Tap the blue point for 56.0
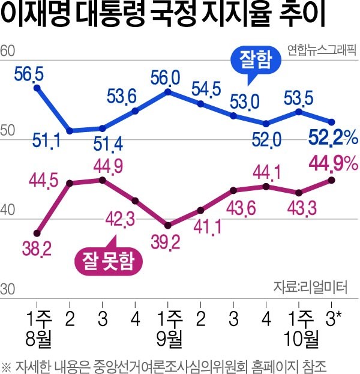click(168, 92)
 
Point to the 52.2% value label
click(333, 139)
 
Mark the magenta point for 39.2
click(168, 226)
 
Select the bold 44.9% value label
click(333, 163)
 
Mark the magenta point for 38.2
click(37, 233)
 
